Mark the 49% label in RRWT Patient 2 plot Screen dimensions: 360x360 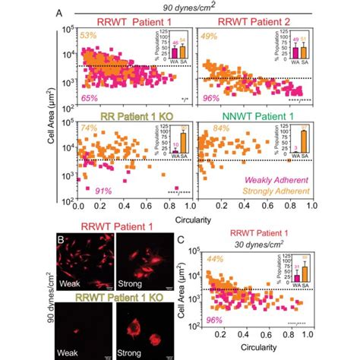[x=210, y=35]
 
